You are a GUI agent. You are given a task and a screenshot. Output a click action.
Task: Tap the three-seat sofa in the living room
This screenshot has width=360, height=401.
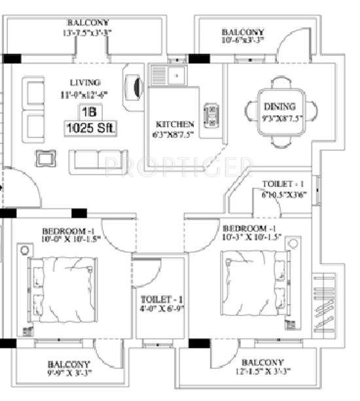coord(98,160)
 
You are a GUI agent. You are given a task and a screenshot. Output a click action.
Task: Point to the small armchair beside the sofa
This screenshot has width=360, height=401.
coord(45,158)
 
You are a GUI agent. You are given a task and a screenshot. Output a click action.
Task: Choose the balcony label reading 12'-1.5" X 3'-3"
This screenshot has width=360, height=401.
coord(262,368)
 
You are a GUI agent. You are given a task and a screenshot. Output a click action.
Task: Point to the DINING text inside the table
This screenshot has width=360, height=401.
coord(279,106)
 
